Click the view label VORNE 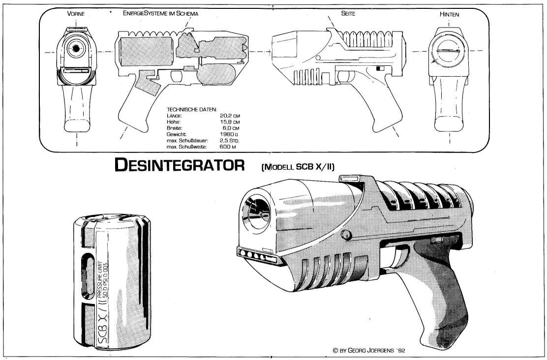(76, 14)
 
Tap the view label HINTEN (449, 14)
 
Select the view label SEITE (348, 14)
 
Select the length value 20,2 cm (230, 116)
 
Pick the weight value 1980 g (230, 134)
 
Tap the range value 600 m (230, 147)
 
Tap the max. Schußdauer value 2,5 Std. (230, 141)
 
